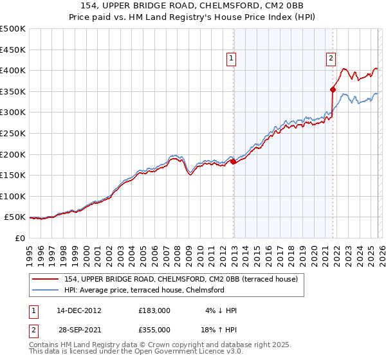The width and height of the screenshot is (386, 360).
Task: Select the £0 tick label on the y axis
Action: coord(21,238)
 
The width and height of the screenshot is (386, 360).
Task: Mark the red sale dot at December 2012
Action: coord(233,162)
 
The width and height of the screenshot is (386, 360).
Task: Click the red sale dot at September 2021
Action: coord(333,89)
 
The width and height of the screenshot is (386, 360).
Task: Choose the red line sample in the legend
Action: coord(46,280)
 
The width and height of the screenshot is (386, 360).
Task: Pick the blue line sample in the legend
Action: coord(46,291)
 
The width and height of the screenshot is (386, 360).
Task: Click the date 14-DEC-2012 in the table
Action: coord(79,310)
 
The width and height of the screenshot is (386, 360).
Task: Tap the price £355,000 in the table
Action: coord(154,331)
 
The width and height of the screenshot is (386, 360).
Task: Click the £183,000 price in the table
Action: coord(154,310)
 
